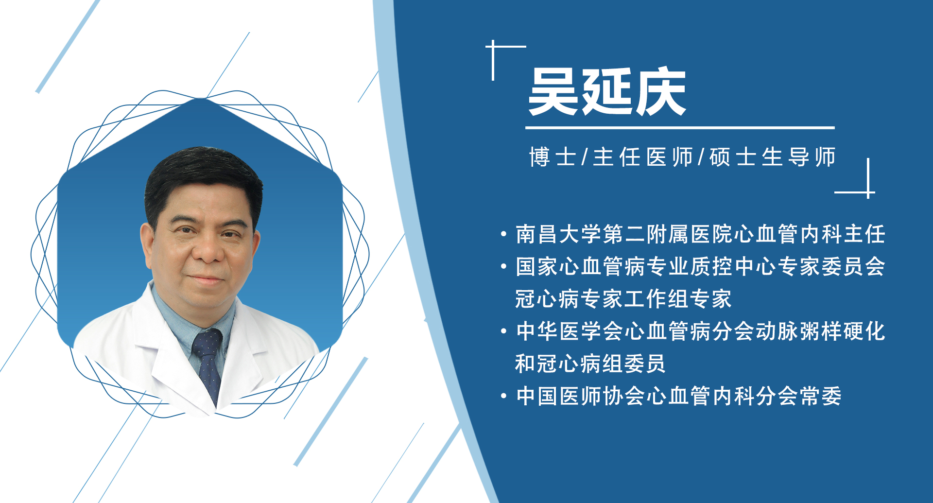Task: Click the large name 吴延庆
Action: pos(607,92)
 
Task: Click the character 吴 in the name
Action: pos(554,92)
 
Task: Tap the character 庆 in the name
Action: pos(660,92)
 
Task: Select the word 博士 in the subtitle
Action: pos(553,157)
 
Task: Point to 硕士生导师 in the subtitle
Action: pos(773,157)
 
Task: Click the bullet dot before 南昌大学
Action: pos(504,235)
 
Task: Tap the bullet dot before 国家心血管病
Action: pos(504,267)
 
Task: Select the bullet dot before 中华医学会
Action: pos(504,331)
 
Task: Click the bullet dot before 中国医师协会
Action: pos(504,396)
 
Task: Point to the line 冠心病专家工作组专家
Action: pos(623,299)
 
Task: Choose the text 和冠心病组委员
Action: pos(590,364)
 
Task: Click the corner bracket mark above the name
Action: pos(501,53)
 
